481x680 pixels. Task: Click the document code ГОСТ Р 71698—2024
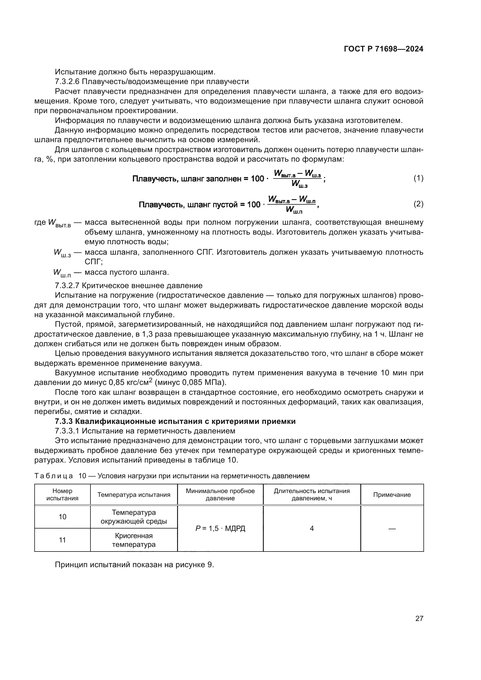384,49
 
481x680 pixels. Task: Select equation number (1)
418,178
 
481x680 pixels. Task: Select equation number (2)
418,204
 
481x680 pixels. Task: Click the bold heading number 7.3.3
64,422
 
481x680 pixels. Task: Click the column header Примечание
392,495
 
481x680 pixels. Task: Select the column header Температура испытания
134,495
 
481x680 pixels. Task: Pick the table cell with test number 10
63,517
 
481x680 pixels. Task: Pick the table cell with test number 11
63,540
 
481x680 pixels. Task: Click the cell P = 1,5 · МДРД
220,528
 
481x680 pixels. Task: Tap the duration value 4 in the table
311,528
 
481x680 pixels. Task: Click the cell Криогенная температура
134,540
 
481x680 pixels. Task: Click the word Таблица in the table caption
54,476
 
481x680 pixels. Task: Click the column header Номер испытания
63,495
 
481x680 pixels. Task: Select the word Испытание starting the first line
76,72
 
